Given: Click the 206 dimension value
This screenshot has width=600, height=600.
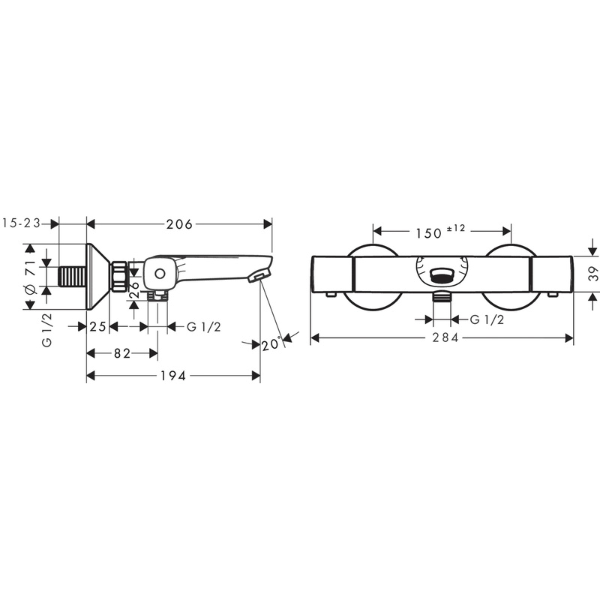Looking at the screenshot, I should click(x=180, y=224).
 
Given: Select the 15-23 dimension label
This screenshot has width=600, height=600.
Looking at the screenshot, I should click(x=22, y=223).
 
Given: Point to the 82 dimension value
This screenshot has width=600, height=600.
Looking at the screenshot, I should click(x=123, y=352).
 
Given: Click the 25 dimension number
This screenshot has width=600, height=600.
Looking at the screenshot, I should click(x=98, y=326).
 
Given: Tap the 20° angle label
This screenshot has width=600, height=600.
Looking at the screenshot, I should click(x=271, y=344).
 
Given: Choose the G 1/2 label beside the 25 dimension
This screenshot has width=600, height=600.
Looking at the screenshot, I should click(x=202, y=326).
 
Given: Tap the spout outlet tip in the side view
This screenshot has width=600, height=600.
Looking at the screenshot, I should click(x=256, y=277).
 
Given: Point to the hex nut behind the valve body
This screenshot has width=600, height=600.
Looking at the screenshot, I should click(x=118, y=276).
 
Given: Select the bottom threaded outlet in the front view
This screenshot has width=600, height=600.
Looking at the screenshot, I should click(x=444, y=297).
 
